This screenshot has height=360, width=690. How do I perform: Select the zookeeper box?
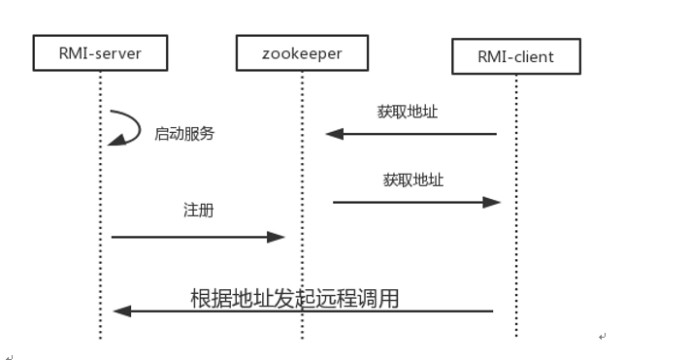(x=302, y=52)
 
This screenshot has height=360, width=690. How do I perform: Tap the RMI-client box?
(x=515, y=56)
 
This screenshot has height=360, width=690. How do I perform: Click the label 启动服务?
(x=183, y=134)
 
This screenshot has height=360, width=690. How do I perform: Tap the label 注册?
(x=198, y=210)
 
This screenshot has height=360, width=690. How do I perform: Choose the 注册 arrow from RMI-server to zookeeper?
(x=194, y=236)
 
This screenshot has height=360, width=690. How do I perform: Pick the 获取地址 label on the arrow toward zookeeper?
(x=408, y=112)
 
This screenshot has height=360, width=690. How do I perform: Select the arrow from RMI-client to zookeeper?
(x=417, y=134)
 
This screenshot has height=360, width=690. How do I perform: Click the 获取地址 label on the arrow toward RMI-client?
(x=413, y=180)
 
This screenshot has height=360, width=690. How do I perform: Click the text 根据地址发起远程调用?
(x=294, y=298)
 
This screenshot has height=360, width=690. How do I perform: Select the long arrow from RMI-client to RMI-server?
(x=311, y=311)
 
